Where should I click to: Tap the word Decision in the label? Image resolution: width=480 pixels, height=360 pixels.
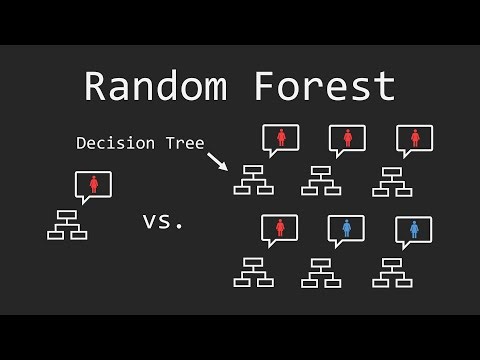(114, 143)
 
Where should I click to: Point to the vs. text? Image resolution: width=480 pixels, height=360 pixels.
(163, 221)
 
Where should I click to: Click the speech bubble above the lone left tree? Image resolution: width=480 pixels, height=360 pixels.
(93, 185)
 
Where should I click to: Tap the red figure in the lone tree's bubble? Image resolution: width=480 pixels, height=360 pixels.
(93, 184)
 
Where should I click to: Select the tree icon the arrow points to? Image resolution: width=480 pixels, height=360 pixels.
(253, 180)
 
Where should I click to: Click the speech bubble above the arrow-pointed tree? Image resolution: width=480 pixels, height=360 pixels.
(280, 138)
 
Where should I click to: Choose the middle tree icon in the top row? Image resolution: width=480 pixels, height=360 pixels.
(321, 180)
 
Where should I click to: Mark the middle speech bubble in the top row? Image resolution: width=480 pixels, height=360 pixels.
(347, 138)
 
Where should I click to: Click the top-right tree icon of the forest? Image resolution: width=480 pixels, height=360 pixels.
(391, 180)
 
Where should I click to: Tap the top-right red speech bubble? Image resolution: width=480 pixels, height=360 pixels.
(414, 138)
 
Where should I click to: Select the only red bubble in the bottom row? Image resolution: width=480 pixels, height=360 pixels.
(279, 229)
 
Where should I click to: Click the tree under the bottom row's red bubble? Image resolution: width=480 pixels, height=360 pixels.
(253, 272)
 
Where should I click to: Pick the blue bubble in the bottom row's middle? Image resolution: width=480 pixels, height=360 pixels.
(346, 229)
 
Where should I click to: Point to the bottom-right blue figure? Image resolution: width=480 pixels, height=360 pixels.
(413, 229)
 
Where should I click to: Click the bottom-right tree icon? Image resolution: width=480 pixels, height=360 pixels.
(391, 272)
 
